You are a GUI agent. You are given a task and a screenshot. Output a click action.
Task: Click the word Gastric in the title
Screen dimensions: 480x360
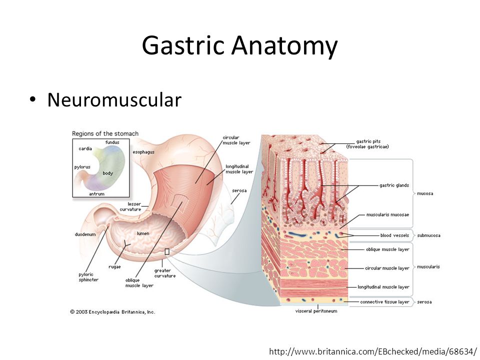pos(183,46)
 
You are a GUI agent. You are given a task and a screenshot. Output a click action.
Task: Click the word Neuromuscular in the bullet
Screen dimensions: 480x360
pos(114,100)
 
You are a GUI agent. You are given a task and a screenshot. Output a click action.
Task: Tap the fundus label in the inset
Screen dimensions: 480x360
pos(112,142)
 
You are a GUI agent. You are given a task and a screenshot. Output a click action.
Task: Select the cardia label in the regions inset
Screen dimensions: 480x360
pos(85,149)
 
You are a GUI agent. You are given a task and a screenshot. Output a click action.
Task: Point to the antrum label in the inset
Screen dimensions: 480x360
pos(96,194)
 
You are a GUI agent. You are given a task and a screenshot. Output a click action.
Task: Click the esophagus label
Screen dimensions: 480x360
pos(143,152)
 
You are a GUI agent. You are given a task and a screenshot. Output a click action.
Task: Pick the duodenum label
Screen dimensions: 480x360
pos(85,234)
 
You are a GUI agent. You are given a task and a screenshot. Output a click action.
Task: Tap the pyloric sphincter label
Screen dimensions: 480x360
pos(88,277)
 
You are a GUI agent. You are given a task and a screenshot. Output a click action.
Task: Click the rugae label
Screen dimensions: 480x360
pos(114,267)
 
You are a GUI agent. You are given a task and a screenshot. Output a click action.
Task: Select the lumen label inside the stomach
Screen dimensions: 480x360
pos(143,233)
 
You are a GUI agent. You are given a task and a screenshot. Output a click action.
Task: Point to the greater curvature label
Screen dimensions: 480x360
pos(165,273)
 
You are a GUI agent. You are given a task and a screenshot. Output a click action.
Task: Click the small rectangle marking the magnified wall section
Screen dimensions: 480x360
pos(167,251)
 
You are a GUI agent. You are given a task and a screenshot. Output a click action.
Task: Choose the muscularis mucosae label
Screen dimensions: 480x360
pos(388,215)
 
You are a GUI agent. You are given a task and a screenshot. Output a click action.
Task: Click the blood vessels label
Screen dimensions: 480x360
pos(394,235)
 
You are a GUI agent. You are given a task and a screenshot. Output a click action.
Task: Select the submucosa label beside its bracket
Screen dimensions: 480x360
pos(428,235)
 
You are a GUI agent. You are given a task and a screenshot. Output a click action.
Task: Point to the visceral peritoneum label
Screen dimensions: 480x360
pos(316,311)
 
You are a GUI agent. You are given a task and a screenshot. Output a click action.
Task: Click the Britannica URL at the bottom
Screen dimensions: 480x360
pos(373,351)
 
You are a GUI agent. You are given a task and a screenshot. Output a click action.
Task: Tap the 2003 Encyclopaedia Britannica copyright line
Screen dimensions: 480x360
pos(112,312)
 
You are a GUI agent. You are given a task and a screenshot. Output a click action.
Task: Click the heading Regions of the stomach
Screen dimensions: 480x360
pos(105,133)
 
